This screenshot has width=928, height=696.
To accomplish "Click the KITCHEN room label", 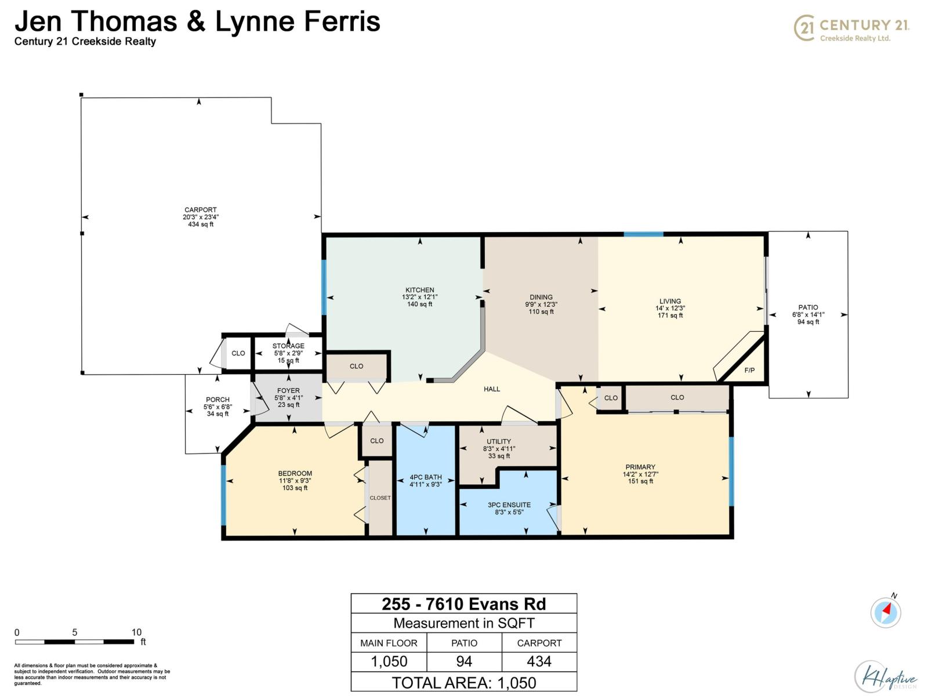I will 419,290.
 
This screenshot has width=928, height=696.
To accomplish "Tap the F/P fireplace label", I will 749,370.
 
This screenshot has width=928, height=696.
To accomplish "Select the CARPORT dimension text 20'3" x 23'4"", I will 201,217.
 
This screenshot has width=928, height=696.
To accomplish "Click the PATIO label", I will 808,307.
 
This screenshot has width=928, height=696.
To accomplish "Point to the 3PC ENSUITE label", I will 509,505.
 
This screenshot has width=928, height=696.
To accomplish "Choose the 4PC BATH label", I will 426,477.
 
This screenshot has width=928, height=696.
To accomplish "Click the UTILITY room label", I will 499,441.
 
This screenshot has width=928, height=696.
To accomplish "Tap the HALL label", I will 492,389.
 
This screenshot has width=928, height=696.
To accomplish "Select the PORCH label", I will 217,400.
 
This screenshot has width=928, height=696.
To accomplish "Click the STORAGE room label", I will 288,346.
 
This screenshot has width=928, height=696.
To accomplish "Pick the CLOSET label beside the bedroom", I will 380,498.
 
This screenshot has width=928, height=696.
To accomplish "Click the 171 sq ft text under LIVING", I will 670,316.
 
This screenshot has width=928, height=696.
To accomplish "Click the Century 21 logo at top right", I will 851,28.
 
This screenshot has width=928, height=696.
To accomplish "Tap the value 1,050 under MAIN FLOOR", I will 389,661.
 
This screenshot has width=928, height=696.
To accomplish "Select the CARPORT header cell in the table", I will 539,643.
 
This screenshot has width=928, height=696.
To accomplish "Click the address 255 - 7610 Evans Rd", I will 463,604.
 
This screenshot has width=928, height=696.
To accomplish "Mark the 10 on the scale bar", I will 136,632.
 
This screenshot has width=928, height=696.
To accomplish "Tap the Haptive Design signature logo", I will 886,677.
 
